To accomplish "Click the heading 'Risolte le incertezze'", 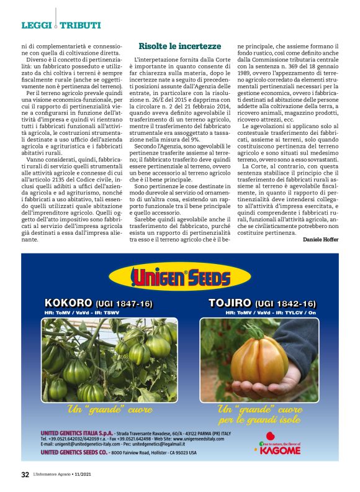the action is (x=179, y=46).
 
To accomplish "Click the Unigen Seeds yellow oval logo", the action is (x=179, y=277).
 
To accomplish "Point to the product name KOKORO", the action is (x=69, y=303).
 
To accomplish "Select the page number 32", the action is (x=25, y=475).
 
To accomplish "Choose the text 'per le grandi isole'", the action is (x=259, y=419).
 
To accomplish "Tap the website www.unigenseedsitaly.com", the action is (x=207, y=439).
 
